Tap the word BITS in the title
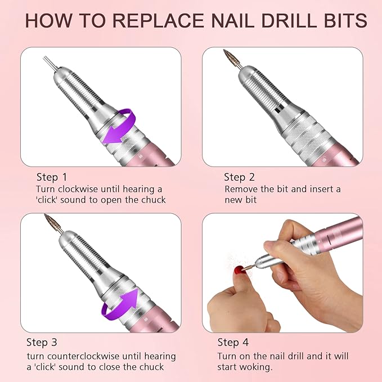[x=340, y=20]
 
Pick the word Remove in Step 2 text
[x=241, y=189]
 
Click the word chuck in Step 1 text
[x=154, y=200]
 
